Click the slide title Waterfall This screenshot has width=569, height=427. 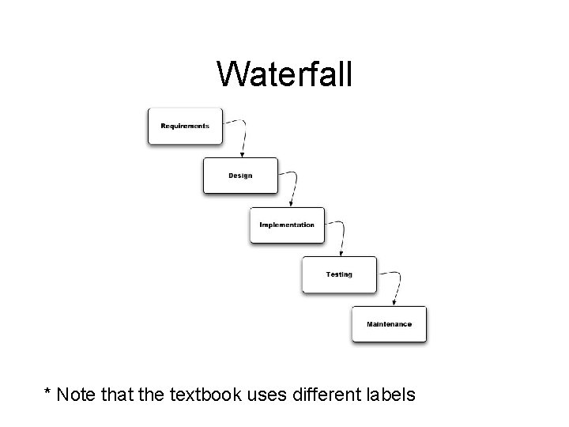tap(286, 74)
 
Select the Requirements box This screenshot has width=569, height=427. tap(185, 126)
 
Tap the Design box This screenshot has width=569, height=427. tap(240, 176)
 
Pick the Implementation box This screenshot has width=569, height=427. tap(286, 225)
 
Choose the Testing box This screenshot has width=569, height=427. tap(339, 274)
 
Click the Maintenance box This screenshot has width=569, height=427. tap(389, 323)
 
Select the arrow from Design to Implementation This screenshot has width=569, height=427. tap(295, 186)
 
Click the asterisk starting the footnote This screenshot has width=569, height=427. tap(48, 391)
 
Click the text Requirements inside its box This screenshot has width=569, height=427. tap(185, 126)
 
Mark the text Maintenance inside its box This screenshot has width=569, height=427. tap(389, 324)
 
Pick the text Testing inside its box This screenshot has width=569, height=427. tap(339, 274)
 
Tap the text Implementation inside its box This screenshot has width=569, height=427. tap(287, 225)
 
